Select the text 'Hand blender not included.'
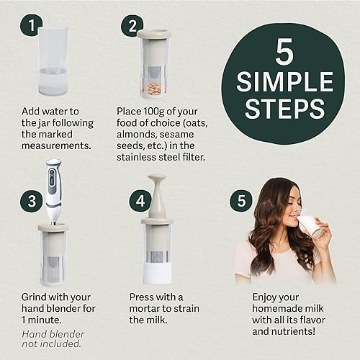tap(53, 338)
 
